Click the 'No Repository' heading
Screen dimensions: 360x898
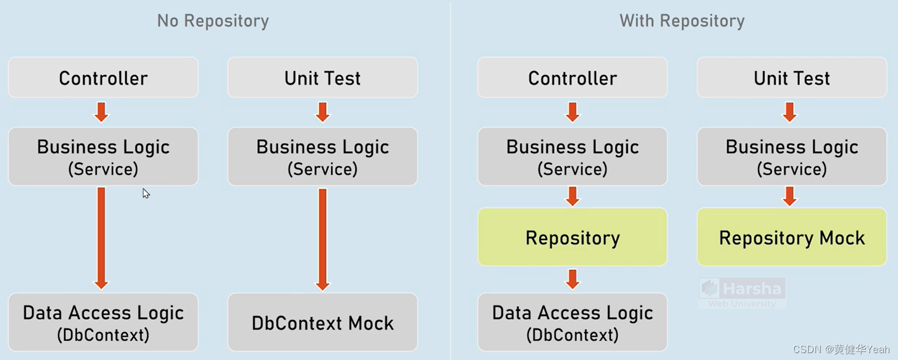pyautogui.click(x=213, y=21)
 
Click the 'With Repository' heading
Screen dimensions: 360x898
pyautogui.click(x=682, y=21)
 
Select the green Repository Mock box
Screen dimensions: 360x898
pyautogui.click(x=791, y=237)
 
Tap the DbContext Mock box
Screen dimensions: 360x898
pyautogui.click(x=323, y=322)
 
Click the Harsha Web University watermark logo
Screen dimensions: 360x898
pyautogui.click(x=742, y=293)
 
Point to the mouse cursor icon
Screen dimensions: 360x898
pyautogui.click(x=146, y=194)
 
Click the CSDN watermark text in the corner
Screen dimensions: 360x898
pyautogui.click(x=841, y=349)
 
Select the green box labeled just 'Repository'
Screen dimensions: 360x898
pyautogui.click(x=572, y=237)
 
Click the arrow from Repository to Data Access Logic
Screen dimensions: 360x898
pyautogui.click(x=572, y=279)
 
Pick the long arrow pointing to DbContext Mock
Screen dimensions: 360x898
pyautogui.click(x=323, y=238)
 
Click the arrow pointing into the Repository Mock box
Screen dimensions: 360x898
pyautogui.click(x=790, y=195)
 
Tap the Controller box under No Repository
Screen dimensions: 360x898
pyautogui.click(x=103, y=77)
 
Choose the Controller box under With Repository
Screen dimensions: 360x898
pyautogui.click(x=572, y=77)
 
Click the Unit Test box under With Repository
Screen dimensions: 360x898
pyautogui.click(x=791, y=77)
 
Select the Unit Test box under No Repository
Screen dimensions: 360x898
pyautogui.click(x=323, y=77)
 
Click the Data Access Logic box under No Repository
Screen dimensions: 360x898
pyautogui.click(x=103, y=322)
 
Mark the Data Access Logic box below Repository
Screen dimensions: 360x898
pyautogui.click(x=572, y=322)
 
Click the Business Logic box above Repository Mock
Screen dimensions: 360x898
pyautogui.click(x=791, y=156)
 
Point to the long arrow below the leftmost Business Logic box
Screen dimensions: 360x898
pyautogui.click(x=101, y=238)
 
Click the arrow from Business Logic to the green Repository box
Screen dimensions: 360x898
pyautogui.click(x=572, y=195)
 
